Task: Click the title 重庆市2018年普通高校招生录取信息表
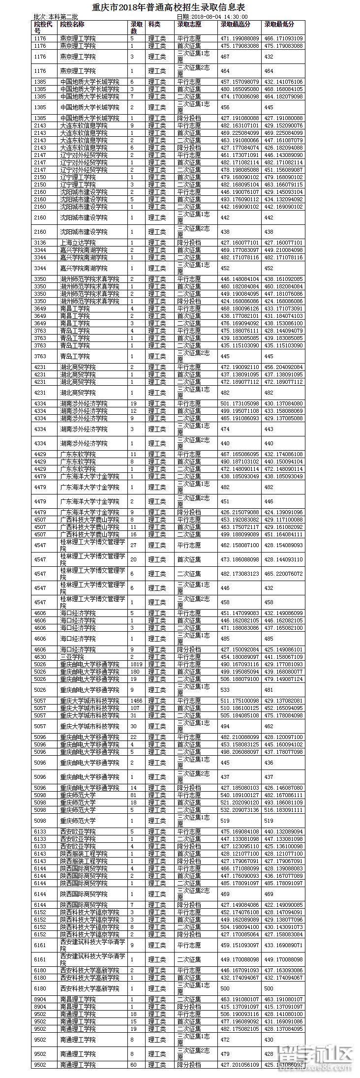click(169, 8)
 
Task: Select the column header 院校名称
click(72, 24)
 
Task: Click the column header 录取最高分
click(235, 24)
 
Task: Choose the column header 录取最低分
click(279, 24)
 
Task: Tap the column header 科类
click(154, 24)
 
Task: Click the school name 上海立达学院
click(78, 243)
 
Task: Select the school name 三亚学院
click(72, 657)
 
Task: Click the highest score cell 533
click(225, 690)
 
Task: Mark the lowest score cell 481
click(269, 690)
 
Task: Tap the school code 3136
click(40, 243)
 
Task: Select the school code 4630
click(40, 657)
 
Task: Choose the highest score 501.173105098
click(240, 403)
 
